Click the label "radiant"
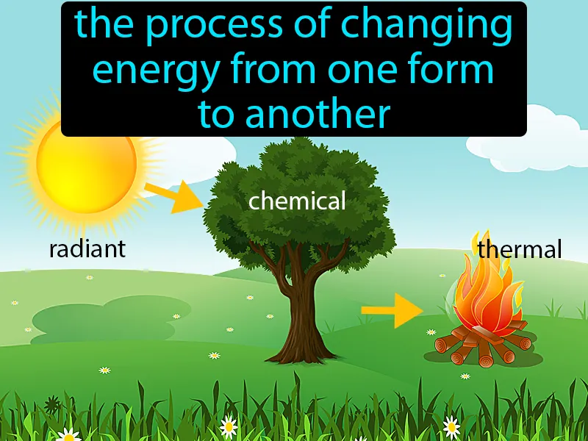click(x=87, y=249)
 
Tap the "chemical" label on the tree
click(x=297, y=201)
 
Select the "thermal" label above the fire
click(x=519, y=249)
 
